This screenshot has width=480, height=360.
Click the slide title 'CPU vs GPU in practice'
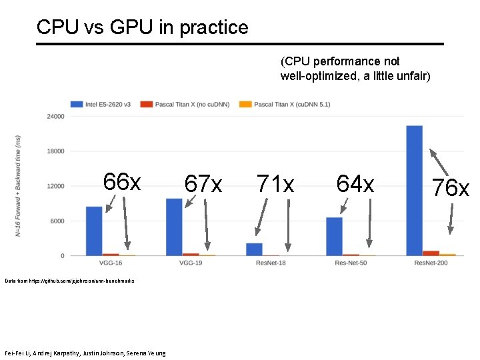pos(142,27)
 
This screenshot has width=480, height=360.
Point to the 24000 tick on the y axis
pos(55,116)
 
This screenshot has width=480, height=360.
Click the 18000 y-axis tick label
pos(55,151)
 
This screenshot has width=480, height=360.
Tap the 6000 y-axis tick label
pos(57,221)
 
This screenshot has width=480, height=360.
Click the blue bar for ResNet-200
pos(414,190)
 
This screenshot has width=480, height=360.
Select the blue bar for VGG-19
pos(174,227)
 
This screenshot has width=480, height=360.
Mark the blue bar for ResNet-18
pos(254,249)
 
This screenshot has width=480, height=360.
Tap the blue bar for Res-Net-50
pos(334,236)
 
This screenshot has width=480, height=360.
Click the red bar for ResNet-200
pos(431,253)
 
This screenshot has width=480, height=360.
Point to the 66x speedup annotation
pos(121,181)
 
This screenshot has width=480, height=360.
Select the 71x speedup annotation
pos(275,183)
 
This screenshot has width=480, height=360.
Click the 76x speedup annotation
pos(450,188)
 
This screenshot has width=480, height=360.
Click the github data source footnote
pos(69,281)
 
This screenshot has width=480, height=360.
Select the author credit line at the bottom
pos(85,353)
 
